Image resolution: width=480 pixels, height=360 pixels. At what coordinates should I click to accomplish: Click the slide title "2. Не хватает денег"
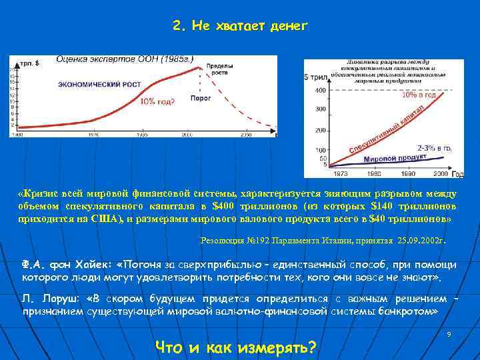point(239,26)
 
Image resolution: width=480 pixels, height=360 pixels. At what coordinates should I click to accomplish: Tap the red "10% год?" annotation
point(157,101)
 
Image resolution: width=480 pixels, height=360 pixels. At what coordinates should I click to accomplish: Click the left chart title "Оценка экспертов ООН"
point(125,59)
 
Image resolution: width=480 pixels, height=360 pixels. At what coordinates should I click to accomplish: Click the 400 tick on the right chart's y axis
point(320,90)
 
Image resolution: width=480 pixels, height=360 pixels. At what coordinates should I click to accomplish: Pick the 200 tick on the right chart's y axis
point(320,130)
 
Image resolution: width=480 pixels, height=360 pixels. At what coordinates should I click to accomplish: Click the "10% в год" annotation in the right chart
point(419,95)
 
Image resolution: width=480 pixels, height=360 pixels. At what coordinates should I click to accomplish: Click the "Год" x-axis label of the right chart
point(457,174)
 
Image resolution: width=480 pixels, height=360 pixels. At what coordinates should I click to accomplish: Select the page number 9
point(449,333)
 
